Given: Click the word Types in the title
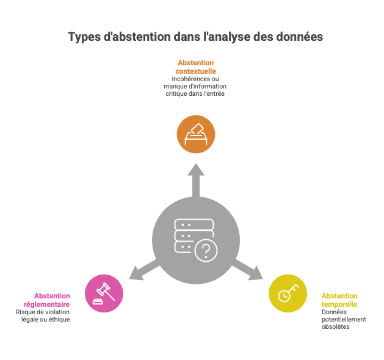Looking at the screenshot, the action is coord(84,37).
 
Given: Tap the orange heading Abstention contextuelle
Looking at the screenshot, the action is coord(196,67).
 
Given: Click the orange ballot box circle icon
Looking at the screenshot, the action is coord(196,134).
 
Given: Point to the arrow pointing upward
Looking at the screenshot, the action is coord(196,181).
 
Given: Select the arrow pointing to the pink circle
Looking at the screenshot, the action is coord(145,270).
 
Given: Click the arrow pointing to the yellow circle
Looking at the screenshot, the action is coord(247,270).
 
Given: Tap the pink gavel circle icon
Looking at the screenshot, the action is coord(104,293).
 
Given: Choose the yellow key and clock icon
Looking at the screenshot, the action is coord(288,293).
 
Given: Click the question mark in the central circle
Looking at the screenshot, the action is coord(206,251).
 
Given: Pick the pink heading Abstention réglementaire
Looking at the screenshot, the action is coord(47,300).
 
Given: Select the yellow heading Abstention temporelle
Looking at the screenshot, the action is coord(339,300).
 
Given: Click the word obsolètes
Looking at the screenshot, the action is coord(336,326).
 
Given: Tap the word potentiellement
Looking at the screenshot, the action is coord(344,319).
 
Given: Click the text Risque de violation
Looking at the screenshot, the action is coord(43,312).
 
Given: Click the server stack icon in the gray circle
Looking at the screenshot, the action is coord(194,236).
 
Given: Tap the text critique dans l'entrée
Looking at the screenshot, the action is coord(195,94).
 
